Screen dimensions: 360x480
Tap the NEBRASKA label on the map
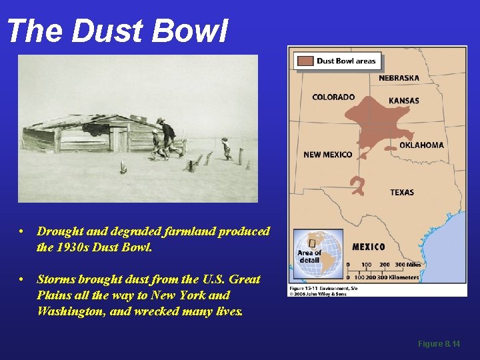tap(399, 78)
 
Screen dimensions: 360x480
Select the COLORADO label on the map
tap(333, 97)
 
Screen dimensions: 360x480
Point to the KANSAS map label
tap(404, 101)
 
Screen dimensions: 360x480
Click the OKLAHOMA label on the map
tap(421, 145)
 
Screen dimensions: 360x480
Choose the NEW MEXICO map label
tap(327, 155)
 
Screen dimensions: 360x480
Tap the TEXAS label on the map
tap(402, 192)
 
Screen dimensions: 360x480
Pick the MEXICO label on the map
tap(369, 247)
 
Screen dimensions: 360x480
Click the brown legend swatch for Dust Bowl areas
tap(305, 61)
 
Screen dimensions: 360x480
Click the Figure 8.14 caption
tap(439, 344)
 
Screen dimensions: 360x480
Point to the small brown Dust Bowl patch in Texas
tap(358, 185)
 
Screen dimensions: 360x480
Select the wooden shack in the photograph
tap(87, 133)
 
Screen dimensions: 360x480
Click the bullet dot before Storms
tap(22, 279)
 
